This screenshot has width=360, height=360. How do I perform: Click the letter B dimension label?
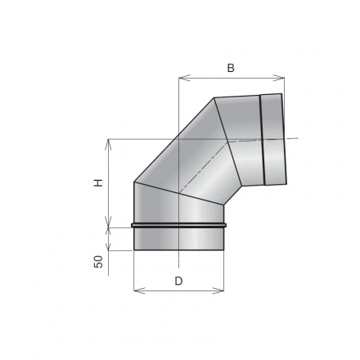(231, 69)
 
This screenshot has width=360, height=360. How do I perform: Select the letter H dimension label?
(97, 183)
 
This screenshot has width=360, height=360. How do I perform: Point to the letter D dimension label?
(178, 281)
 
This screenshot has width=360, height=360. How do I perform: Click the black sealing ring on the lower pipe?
(178, 224)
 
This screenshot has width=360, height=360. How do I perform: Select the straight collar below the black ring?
(178, 238)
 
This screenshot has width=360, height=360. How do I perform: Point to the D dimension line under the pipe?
(178, 290)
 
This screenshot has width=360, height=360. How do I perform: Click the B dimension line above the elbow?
(231, 79)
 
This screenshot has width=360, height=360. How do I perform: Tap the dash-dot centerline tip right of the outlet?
(297, 137)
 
